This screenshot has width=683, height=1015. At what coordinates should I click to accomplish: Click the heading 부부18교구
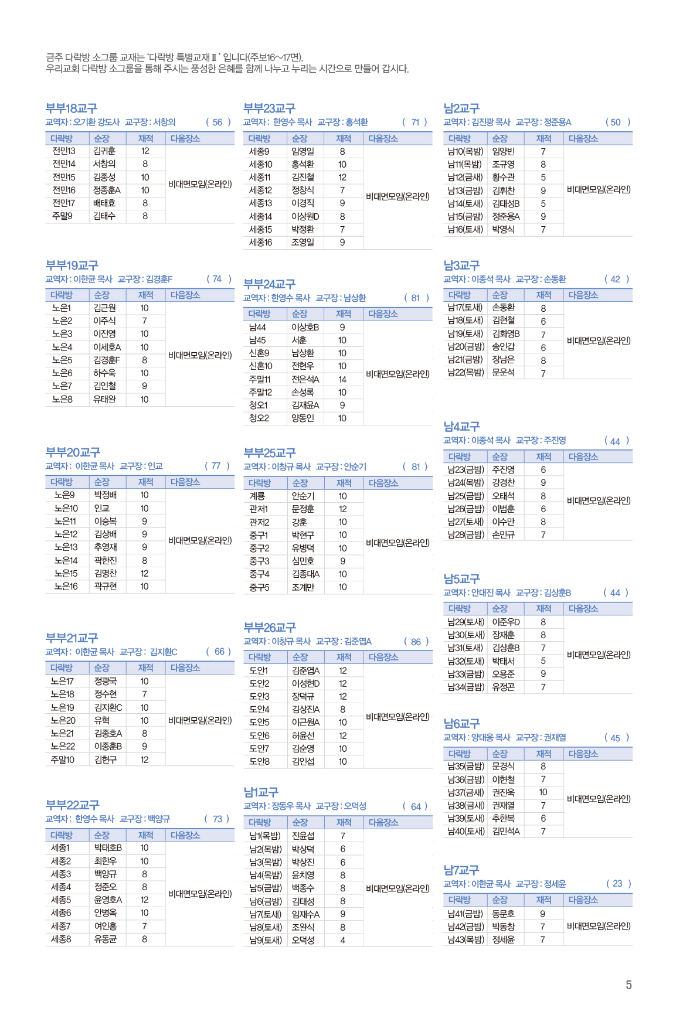pos(72,108)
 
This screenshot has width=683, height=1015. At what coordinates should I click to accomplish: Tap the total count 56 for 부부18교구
pos(218,122)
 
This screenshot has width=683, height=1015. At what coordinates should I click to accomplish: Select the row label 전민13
pos(64,151)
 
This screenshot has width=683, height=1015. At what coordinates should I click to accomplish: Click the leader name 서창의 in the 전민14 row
pos(104,164)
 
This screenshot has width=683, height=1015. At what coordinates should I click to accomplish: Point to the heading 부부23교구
pos(269,108)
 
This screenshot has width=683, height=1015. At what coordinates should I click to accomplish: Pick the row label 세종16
pos(260,243)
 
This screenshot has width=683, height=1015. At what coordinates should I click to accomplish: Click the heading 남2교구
pos(461,108)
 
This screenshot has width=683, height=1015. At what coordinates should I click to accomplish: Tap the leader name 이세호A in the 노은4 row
pos(107,347)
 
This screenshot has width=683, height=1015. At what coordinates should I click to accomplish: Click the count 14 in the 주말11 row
pos(342,380)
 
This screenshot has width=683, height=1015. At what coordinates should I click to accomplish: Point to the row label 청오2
pos(259,418)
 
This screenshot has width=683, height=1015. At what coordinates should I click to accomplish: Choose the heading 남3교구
pos(461,265)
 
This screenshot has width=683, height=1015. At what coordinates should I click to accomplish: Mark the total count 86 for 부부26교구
pos(416,642)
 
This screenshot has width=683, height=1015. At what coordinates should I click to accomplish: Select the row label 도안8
pos(259,762)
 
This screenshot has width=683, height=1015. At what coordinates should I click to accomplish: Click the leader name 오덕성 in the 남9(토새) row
pos(303,941)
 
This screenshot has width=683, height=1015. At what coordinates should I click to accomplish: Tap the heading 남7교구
pos(461,870)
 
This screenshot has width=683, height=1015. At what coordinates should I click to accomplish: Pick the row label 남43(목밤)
pos(465,940)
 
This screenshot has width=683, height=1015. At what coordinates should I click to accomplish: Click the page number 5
pos(628,985)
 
